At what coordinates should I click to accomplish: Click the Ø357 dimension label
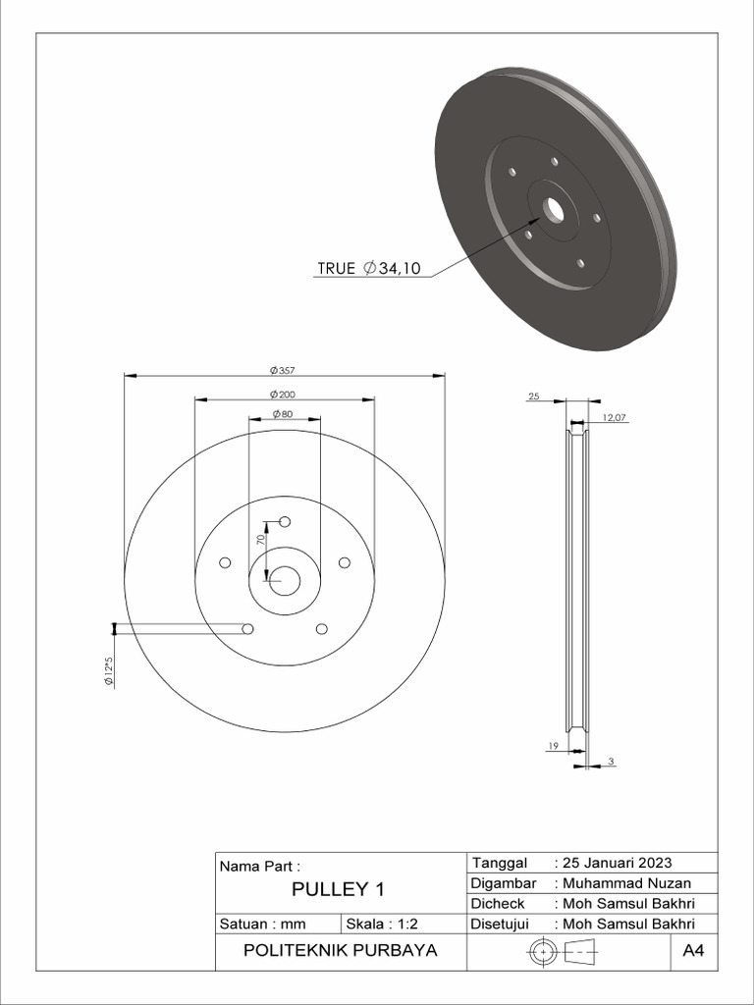(x=283, y=370)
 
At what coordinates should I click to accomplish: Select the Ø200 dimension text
(x=283, y=394)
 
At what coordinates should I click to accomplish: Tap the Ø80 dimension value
(x=283, y=414)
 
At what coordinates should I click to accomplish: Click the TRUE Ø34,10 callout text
(x=368, y=268)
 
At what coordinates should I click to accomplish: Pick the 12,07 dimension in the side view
(x=614, y=417)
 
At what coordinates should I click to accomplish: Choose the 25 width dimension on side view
(x=534, y=397)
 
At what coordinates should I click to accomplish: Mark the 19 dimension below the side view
(x=552, y=747)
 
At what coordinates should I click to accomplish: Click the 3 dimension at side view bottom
(x=611, y=762)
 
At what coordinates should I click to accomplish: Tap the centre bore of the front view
(x=285, y=581)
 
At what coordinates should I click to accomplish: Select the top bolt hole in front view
(x=285, y=521)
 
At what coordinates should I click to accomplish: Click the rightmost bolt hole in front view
(x=345, y=562)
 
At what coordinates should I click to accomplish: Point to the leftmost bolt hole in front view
(x=225, y=562)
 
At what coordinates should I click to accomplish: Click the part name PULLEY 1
(x=338, y=890)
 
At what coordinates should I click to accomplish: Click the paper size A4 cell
(x=693, y=951)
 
